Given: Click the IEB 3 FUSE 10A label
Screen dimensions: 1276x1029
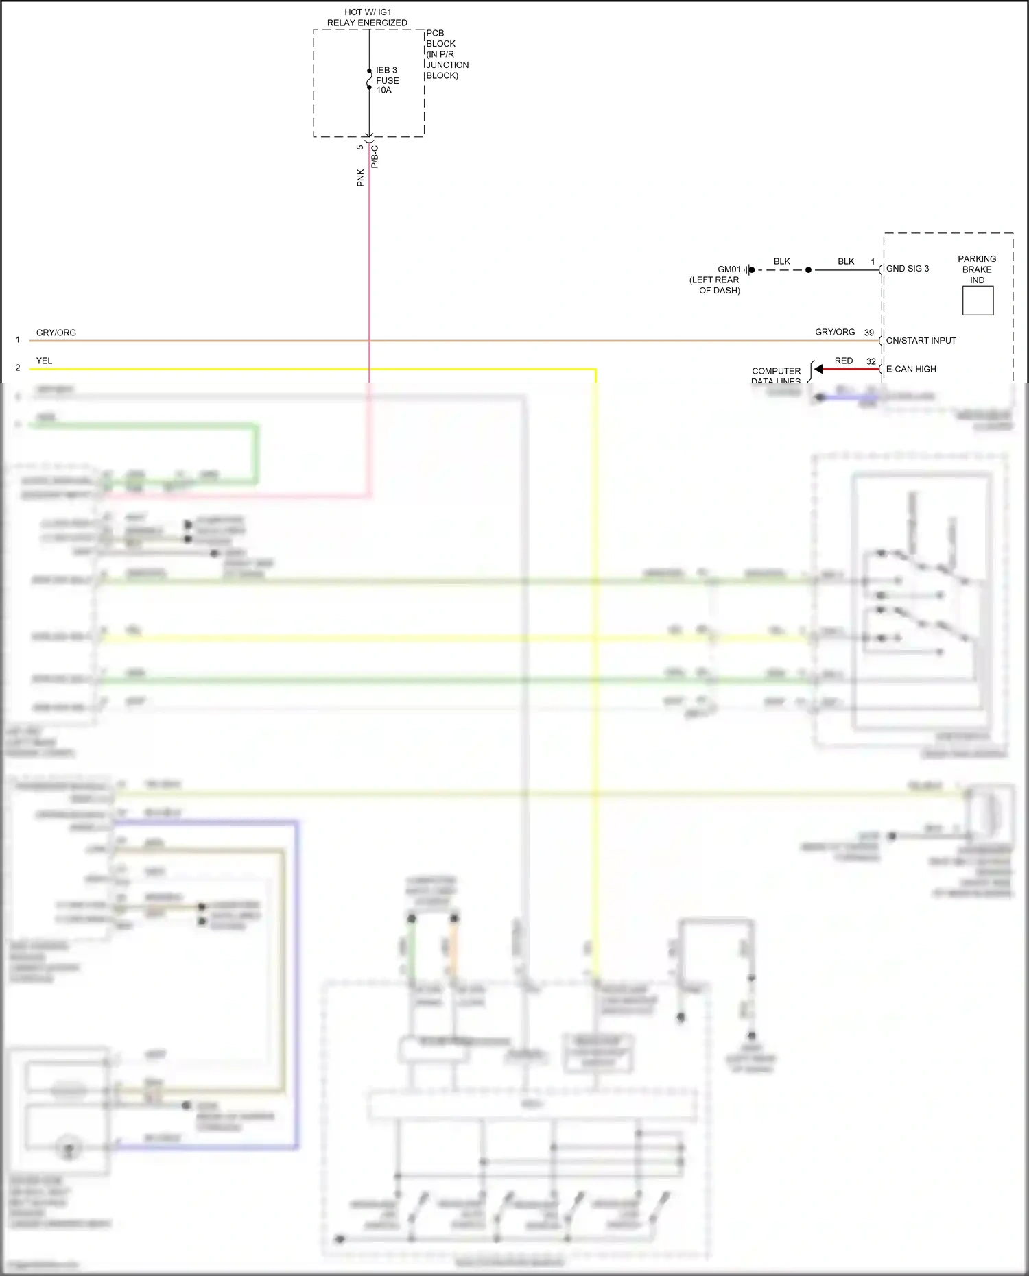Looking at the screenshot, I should click(x=386, y=80).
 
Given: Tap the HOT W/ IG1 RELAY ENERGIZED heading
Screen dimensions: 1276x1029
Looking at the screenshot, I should click(x=367, y=17).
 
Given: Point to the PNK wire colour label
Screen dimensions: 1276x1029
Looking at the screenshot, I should click(x=360, y=178).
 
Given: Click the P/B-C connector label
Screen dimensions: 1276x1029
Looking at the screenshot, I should click(x=375, y=157).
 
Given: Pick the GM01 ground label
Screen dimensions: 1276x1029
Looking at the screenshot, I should click(x=729, y=269).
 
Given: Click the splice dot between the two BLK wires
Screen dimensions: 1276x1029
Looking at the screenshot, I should click(x=808, y=270).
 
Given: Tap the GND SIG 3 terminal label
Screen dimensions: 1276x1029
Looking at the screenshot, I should click(x=907, y=269).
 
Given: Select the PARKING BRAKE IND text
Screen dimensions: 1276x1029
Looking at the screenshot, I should click(x=977, y=269).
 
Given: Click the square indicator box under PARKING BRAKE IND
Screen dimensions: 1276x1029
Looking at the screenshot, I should click(x=978, y=300).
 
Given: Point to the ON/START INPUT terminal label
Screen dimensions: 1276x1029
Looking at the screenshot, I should click(x=921, y=341).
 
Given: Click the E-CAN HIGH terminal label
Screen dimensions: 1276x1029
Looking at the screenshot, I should click(x=911, y=369).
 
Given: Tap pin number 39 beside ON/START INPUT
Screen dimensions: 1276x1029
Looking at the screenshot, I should click(x=869, y=333).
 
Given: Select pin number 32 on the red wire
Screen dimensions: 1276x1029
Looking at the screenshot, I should click(x=871, y=361).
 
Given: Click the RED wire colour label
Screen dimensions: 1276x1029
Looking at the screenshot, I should click(x=844, y=361).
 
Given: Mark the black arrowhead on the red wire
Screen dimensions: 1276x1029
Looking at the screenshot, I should click(x=818, y=369).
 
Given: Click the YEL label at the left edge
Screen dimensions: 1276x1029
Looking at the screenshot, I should click(x=44, y=361).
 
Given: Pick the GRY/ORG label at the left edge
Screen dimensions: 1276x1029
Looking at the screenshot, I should click(x=56, y=333).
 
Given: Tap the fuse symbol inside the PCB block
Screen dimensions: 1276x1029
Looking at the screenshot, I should click(x=369, y=79).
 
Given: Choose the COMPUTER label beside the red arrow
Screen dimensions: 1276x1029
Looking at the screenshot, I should click(x=776, y=371).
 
